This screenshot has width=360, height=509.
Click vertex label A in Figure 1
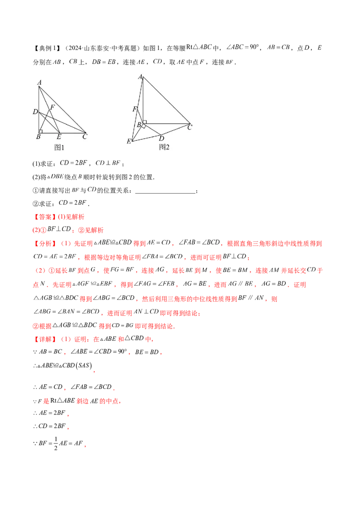[x=39, y=82]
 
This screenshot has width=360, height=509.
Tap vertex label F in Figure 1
[x=52, y=107]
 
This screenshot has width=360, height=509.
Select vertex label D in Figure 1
[x=35, y=112]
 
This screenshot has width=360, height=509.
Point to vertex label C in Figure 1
[x=85, y=137]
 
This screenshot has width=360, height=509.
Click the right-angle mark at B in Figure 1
[x=40, y=131]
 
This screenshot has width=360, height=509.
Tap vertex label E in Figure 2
[x=129, y=141]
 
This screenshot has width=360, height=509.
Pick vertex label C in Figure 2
[x=190, y=127]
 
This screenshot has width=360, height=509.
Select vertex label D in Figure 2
[x=162, y=138]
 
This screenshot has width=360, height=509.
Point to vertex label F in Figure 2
[x=135, y=109]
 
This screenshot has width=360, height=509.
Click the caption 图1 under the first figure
[x=59, y=147]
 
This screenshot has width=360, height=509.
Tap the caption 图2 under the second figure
[x=164, y=147]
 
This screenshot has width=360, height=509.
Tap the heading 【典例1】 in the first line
[x=47, y=48]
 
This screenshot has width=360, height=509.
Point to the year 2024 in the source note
[x=75, y=48]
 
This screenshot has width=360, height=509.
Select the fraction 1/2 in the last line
[x=55, y=443]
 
